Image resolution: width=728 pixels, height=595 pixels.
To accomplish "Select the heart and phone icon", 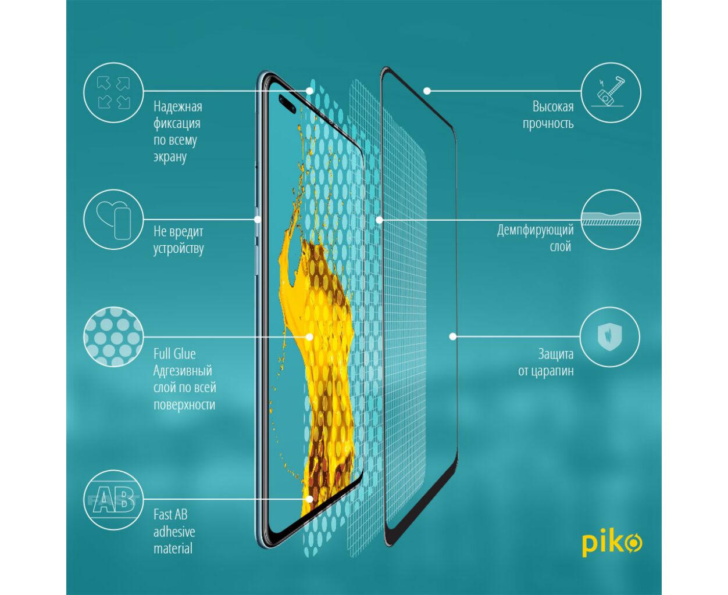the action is (113, 220).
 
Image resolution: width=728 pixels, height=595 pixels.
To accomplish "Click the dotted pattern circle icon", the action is (113, 336).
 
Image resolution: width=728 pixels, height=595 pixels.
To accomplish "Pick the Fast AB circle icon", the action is (113, 500).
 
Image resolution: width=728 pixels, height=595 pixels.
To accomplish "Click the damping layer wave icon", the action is (611, 220).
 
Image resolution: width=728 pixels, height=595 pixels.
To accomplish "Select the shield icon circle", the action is (609, 336).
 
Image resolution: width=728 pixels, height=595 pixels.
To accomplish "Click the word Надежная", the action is (178, 107).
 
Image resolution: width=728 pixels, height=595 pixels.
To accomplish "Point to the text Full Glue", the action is (174, 354).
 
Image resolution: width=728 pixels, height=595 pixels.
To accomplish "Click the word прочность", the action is (548, 124).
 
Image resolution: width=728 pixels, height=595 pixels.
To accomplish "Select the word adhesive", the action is (174, 532).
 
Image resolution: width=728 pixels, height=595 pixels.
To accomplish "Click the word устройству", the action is (179, 248).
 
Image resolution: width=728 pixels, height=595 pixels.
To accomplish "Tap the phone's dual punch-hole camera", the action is (287, 104).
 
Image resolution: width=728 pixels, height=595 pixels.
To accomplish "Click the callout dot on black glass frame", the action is (427, 91).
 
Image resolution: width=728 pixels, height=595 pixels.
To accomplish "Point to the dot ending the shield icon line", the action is (453, 336).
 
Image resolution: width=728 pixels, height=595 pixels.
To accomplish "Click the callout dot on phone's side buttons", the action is (258, 220).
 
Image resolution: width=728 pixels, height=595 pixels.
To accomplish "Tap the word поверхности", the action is (184, 404).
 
